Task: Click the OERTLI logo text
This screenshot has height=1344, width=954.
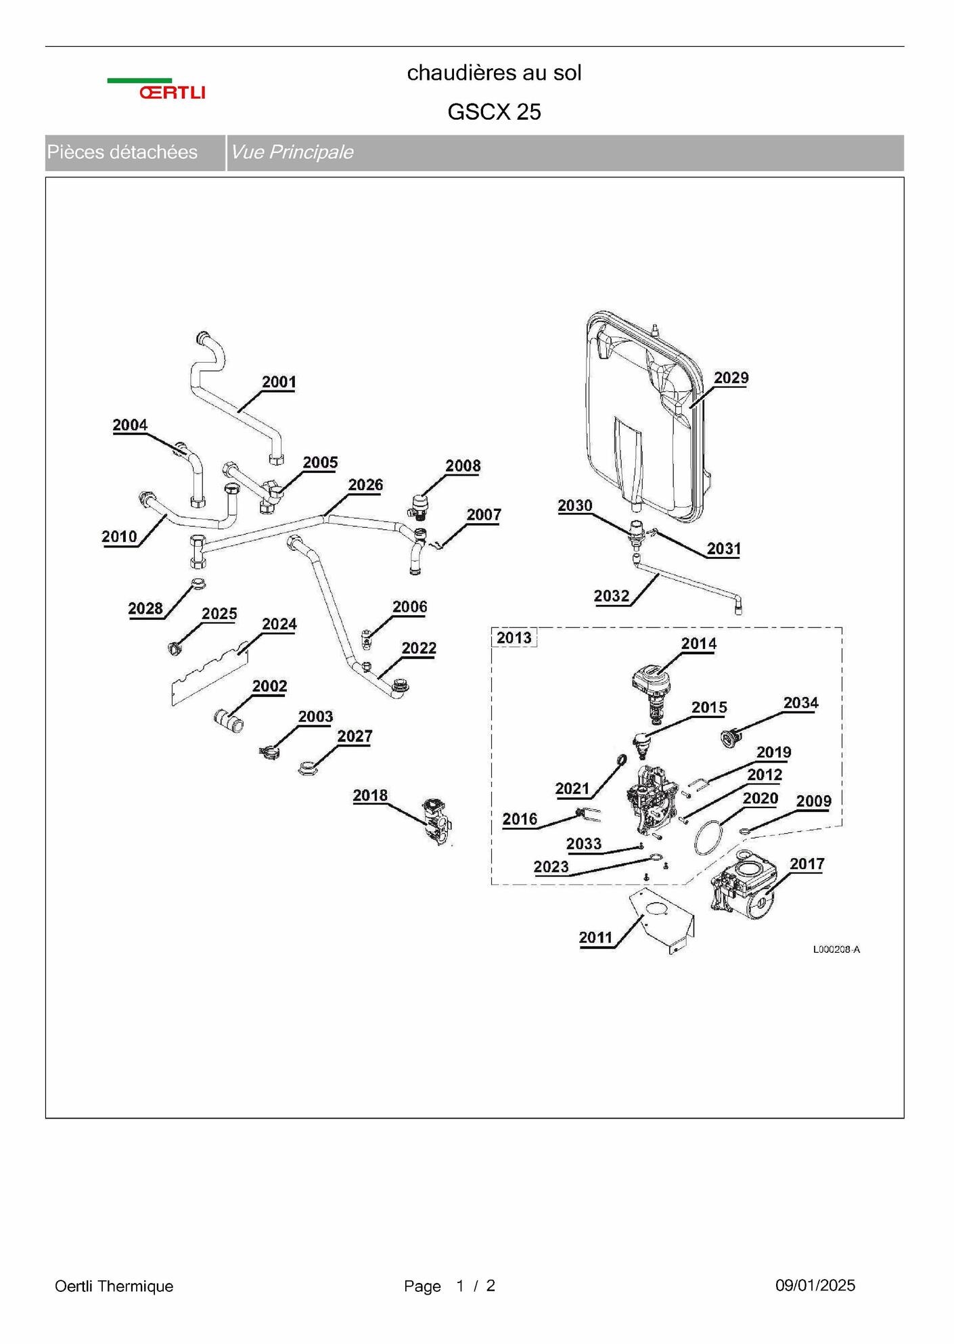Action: click(x=173, y=93)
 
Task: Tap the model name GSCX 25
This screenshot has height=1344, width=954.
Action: click(x=494, y=112)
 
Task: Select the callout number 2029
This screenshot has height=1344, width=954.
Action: click(x=731, y=378)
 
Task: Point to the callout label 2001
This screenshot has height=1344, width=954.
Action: click(x=279, y=382)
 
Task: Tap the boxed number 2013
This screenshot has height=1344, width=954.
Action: click(x=514, y=637)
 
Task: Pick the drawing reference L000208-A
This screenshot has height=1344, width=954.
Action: click(x=836, y=949)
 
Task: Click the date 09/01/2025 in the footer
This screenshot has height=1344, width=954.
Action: click(x=815, y=1285)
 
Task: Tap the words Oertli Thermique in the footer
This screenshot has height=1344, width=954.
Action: click(x=114, y=1286)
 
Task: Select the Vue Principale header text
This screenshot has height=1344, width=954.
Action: click(x=292, y=152)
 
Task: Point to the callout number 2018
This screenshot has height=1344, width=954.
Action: click(x=370, y=795)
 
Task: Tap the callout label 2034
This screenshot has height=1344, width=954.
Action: click(x=801, y=702)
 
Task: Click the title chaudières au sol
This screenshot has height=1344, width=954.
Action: click(x=494, y=72)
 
